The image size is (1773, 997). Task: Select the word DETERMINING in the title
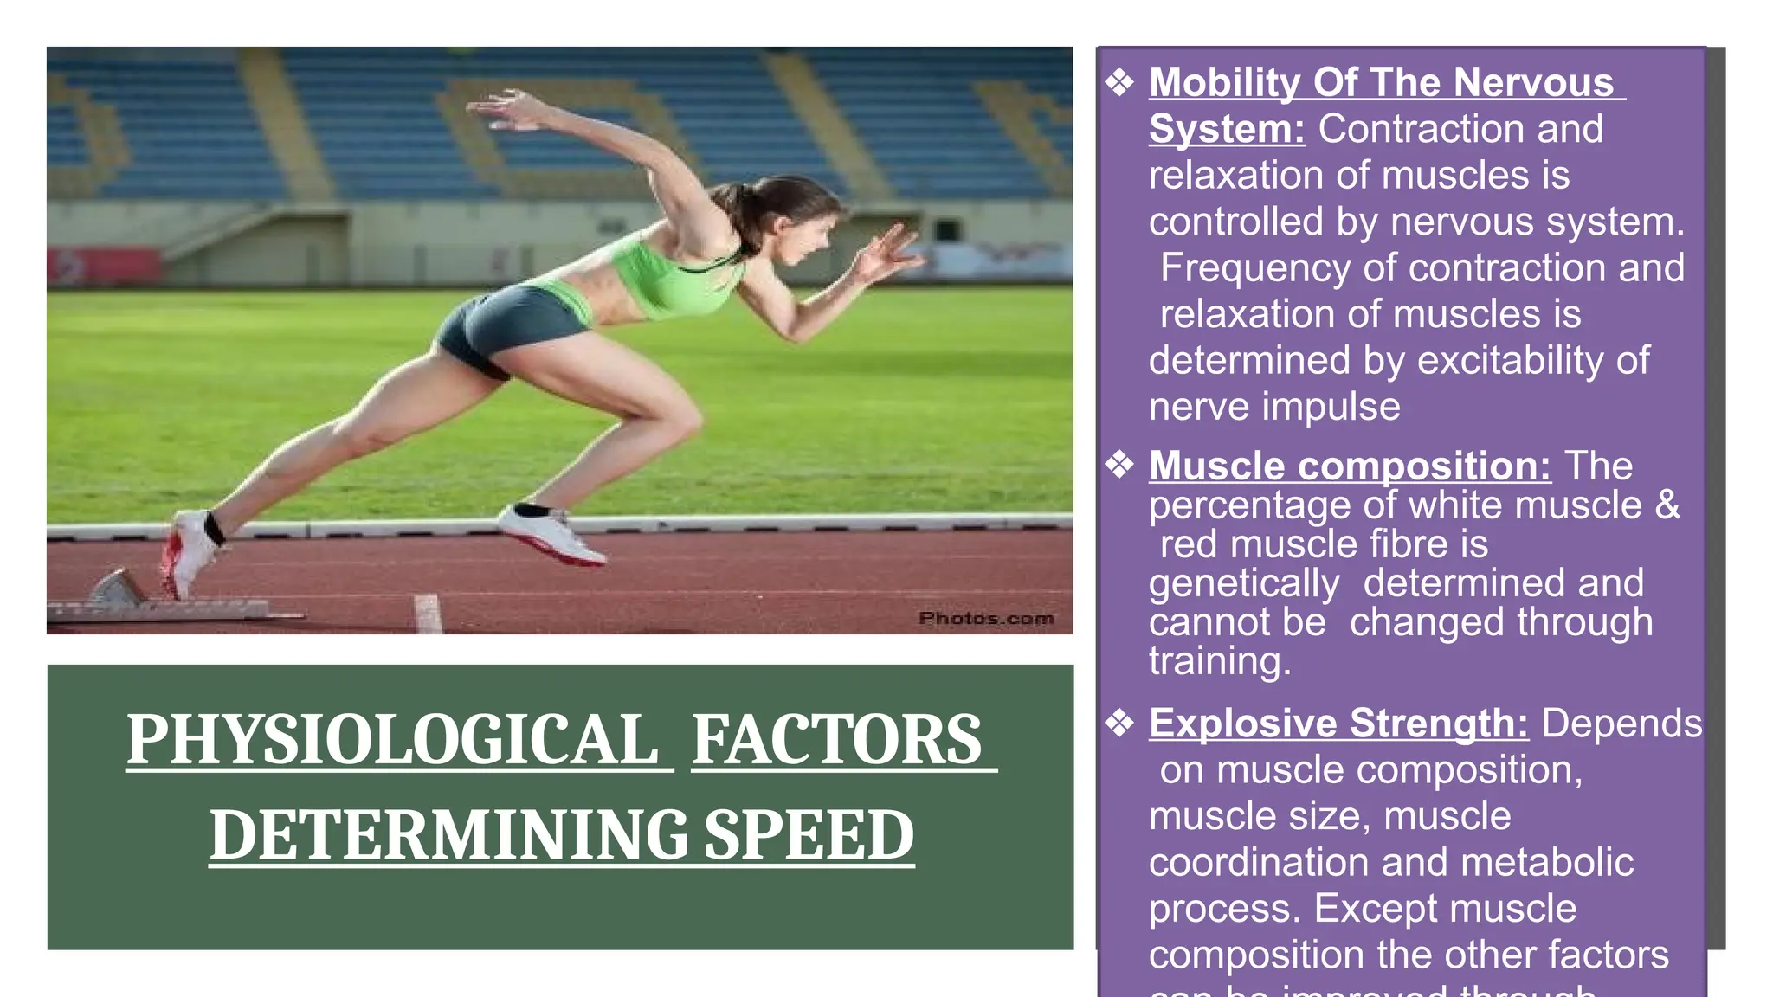coord(448,835)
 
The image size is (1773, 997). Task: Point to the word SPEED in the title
coord(809,835)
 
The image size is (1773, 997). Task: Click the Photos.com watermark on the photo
coord(986,618)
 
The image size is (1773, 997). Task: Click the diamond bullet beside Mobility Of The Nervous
coord(1119,83)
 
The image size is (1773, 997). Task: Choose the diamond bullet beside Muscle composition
coord(1119,466)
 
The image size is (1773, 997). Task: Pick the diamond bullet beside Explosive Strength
coord(1119,723)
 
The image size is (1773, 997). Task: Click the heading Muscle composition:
coord(1349,466)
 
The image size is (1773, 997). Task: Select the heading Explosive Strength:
coord(1338,723)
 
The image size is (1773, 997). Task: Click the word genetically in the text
coord(1244,583)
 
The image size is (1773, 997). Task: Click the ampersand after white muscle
coord(1667,505)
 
